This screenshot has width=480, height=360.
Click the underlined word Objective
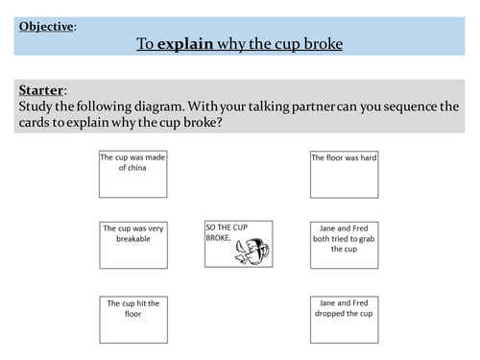[46, 27]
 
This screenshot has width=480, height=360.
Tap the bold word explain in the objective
[185, 44]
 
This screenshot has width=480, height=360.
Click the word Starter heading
[41, 90]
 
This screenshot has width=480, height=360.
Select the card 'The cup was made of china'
[133, 174]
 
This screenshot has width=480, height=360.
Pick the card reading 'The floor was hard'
[345, 175]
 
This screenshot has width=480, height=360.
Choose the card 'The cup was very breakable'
[133, 245]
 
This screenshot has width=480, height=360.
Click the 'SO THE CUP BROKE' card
[239, 244]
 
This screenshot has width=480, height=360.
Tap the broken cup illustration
[252, 252]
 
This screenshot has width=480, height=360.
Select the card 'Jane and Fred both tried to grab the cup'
[345, 245]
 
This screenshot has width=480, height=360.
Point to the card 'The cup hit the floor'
[133, 320]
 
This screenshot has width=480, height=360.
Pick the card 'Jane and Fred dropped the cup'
[345, 320]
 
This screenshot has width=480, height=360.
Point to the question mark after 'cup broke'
[219, 122]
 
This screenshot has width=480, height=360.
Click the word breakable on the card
[133, 239]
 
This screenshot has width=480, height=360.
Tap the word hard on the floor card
[369, 157]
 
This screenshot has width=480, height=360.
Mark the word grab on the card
[367, 239]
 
